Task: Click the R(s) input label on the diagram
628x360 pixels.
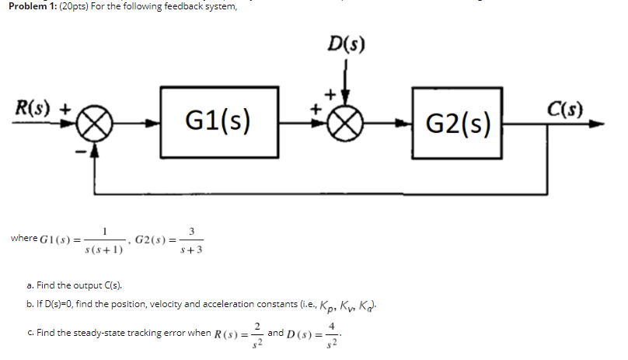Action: pyautogui.click(x=31, y=109)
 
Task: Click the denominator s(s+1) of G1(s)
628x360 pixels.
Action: pyautogui.click(x=104, y=250)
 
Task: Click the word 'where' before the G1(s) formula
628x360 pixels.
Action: pyautogui.click(x=24, y=239)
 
